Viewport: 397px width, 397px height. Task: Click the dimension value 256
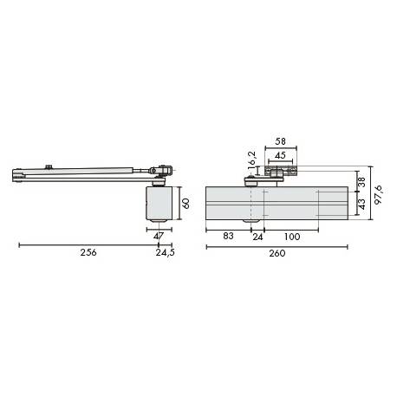pos(88,254)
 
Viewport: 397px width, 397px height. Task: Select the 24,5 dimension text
pos(165,254)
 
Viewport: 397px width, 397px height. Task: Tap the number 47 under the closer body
pos(158,236)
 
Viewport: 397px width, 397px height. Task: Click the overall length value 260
pos(276,254)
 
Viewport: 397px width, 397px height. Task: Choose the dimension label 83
pos(226,236)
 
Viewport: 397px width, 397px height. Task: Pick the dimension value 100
pos(291,236)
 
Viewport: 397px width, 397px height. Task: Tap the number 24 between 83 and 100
pos(257,236)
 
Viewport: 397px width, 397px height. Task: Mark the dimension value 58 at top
pos(279,140)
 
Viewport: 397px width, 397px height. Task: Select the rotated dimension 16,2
pos(252,159)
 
